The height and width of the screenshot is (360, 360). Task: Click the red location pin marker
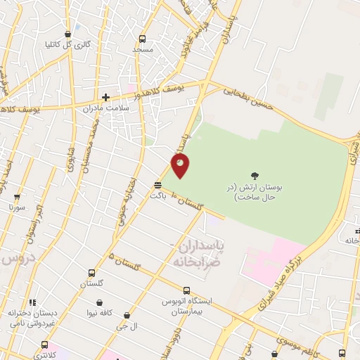coord(181,165)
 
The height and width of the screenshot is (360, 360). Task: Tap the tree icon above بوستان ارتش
coord(255,176)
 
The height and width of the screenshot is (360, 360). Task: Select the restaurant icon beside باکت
coord(158,186)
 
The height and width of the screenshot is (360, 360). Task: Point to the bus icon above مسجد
coord(143,39)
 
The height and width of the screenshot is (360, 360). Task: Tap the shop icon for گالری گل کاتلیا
coord(67,34)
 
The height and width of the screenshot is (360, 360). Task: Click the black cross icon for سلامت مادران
coord(106,98)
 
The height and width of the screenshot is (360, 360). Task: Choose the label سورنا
coord(17,207)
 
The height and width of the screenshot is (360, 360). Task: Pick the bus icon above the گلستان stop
coord(91,273)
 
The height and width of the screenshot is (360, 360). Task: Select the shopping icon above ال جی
coord(127,316)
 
